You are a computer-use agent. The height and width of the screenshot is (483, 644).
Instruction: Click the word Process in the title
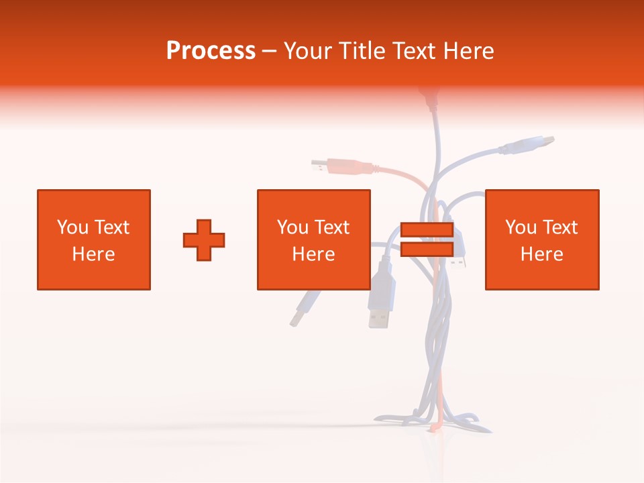(x=211, y=50)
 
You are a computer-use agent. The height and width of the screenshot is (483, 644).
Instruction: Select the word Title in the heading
(x=364, y=50)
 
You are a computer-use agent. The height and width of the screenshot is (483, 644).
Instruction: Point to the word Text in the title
(x=417, y=50)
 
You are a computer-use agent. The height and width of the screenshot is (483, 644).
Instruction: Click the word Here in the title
(x=470, y=50)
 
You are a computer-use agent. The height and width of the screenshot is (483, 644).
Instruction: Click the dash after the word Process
(x=269, y=52)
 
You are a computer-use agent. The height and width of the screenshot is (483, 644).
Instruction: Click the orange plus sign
(x=204, y=240)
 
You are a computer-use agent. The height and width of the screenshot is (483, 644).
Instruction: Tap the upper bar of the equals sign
(x=427, y=230)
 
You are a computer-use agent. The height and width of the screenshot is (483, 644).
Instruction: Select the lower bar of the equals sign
(x=427, y=250)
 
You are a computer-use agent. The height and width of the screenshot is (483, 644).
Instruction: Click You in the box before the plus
(x=72, y=227)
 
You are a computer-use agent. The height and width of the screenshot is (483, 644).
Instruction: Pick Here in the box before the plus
(x=93, y=254)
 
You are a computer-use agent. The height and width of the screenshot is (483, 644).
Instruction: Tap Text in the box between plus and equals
(x=333, y=227)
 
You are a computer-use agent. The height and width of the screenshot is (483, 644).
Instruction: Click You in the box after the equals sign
(x=520, y=227)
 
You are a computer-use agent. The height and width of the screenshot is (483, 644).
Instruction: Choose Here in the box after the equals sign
(x=542, y=254)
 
